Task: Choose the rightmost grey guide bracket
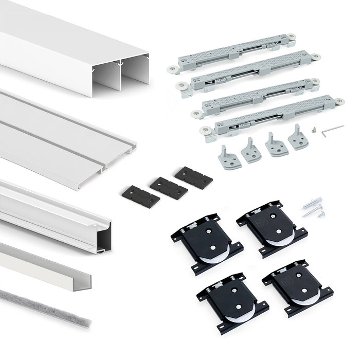pyautogui.click(x=298, y=137)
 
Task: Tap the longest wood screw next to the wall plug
pyautogui.click(x=313, y=211)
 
